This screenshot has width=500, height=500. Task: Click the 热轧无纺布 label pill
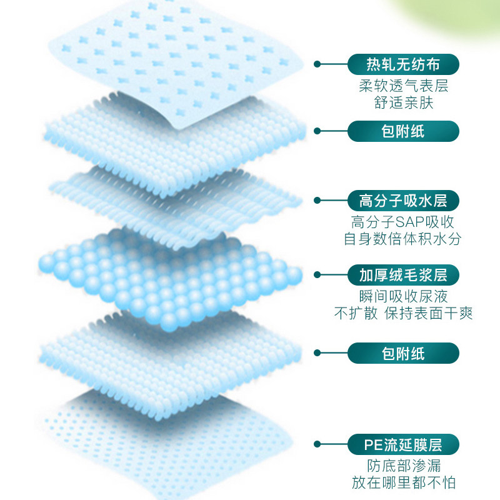[403, 64]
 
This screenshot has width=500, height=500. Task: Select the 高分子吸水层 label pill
[403, 201]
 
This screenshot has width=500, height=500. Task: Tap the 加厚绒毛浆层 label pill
[403, 274]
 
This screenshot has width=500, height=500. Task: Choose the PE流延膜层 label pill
[403, 445]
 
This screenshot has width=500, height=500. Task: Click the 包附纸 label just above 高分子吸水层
[403, 131]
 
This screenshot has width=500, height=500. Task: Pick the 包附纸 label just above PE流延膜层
[403, 354]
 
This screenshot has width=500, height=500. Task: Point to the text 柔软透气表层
[403, 86]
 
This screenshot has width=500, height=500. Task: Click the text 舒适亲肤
[403, 102]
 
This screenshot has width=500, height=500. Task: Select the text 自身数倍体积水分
[403, 239]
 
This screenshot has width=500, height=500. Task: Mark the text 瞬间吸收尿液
[403, 296]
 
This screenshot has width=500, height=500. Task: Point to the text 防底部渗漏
[403, 466]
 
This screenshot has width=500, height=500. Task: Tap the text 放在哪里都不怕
[403, 483]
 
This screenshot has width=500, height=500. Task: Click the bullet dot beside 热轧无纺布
[317, 64]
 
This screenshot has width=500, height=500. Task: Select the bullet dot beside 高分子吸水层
[317, 201]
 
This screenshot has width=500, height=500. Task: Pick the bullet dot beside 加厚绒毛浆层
[317, 274]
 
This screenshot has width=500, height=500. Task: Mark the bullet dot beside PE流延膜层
[317, 445]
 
